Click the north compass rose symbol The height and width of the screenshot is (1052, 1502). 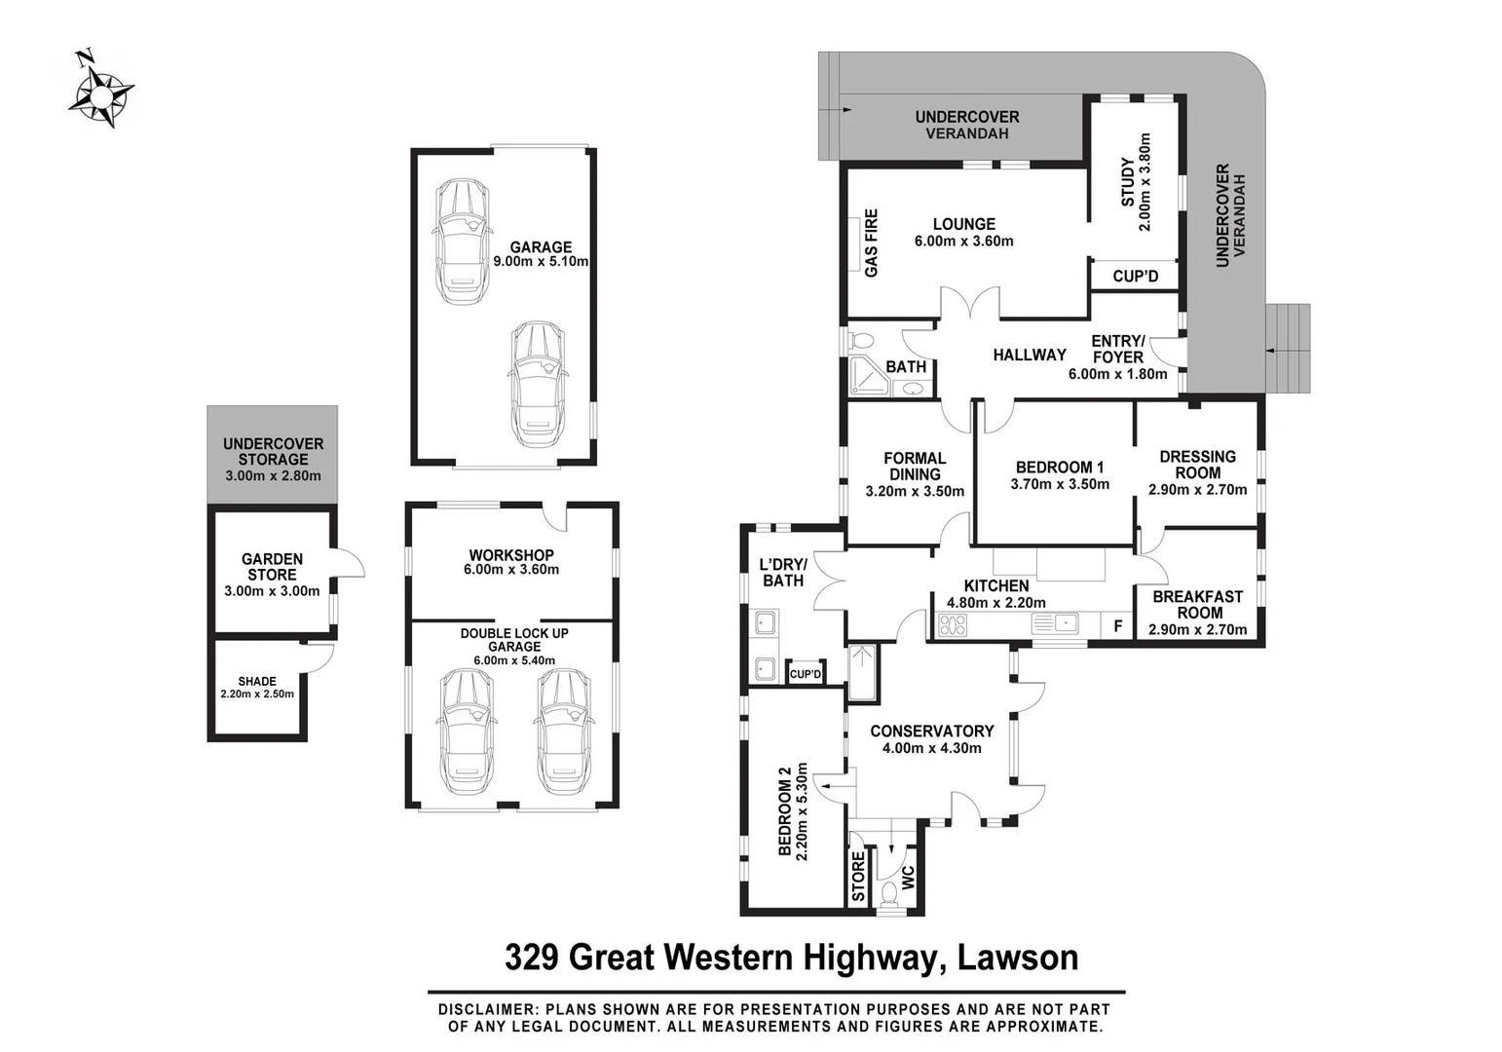coord(100,91)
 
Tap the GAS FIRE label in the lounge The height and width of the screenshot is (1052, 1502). coord(871,243)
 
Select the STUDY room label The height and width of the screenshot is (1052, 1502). coord(1128,182)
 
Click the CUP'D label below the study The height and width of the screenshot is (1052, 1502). coord(1135,277)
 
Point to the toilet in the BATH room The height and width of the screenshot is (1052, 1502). coord(861,342)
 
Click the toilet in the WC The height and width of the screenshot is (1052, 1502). coord(888,894)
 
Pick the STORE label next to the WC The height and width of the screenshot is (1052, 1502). coord(858,877)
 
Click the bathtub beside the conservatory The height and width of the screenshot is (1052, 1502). coord(862,673)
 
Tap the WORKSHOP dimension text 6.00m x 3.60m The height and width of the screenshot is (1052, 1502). coord(511,570)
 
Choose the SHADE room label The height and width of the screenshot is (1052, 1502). coord(257,682)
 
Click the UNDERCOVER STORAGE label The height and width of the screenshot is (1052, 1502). coord(273,451)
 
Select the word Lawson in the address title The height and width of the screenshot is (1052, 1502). coord(1018,958)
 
